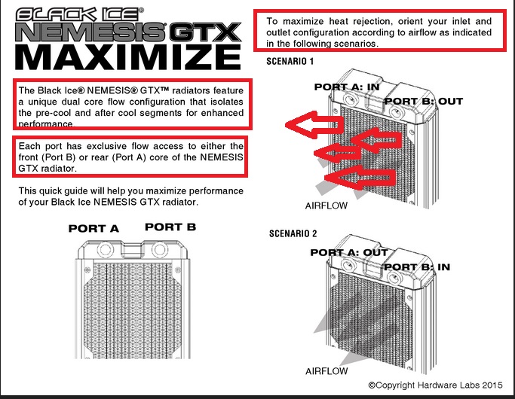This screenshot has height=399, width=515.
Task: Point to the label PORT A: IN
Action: click(347, 87)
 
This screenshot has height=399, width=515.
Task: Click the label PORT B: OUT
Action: click(423, 101)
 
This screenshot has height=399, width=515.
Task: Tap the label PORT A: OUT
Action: click(348, 253)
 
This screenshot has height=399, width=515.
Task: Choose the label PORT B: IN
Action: click(417, 267)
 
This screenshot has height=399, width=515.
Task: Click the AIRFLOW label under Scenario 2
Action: click(326, 371)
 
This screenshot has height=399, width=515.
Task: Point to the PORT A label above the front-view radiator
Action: click(94, 228)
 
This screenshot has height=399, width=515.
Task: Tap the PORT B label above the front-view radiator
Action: click(170, 227)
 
